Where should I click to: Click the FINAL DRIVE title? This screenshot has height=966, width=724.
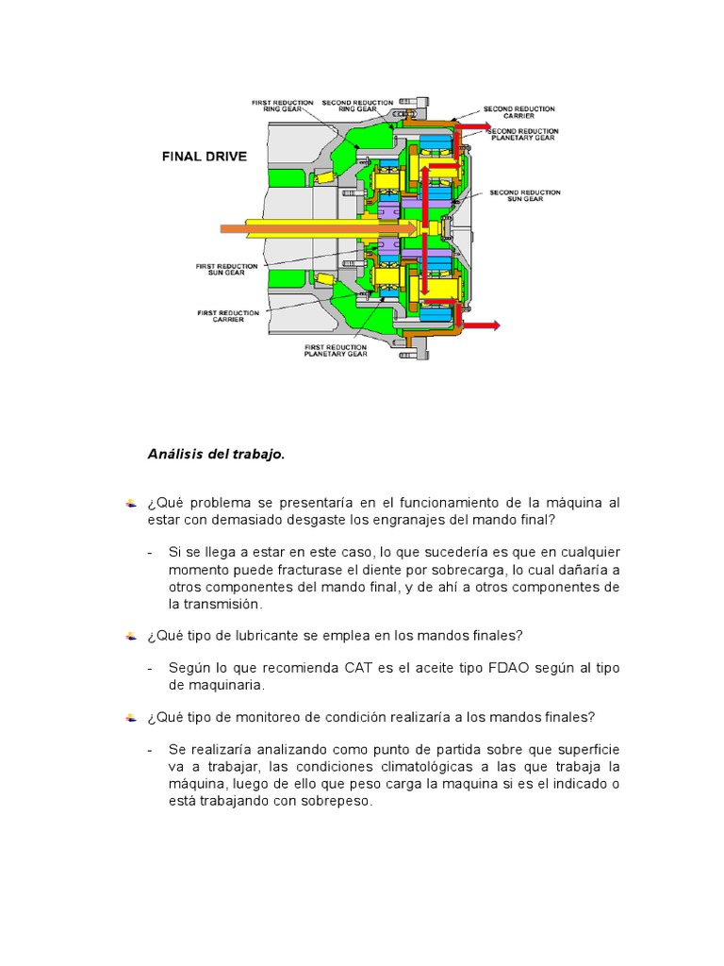pyautogui.click(x=203, y=157)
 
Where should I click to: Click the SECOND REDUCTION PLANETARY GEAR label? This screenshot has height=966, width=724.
pyautogui.click(x=525, y=134)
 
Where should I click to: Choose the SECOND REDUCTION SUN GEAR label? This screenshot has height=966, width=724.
pyautogui.click(x=525, y=195)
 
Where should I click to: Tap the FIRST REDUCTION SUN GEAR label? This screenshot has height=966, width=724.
pyautogui.click(x=226, y=270)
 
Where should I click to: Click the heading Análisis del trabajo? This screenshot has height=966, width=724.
pyautogui.click(x=216, y=454)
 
